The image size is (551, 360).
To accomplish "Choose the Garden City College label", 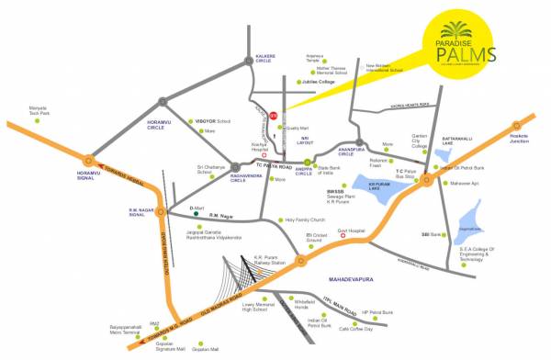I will [420, 141].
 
